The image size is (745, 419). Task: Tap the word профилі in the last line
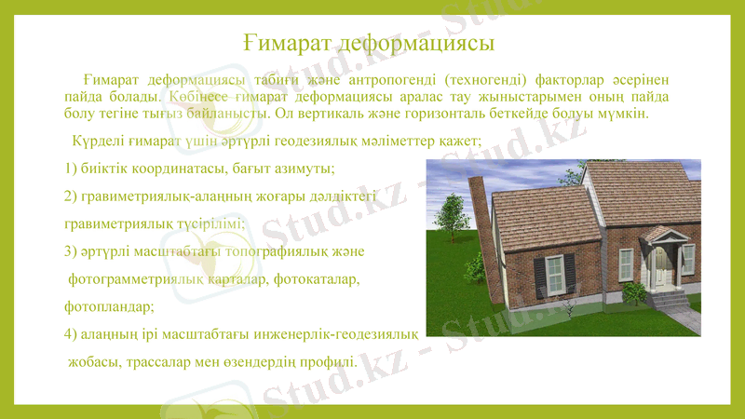coord(326,361)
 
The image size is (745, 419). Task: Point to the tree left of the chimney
coord(451,216)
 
